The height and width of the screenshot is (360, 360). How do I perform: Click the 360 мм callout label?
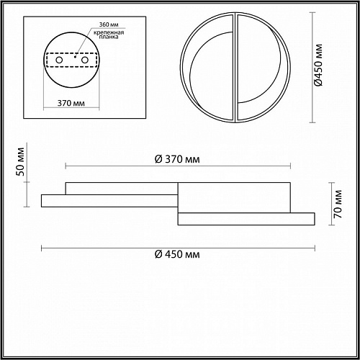pyautogui.click(x=109, y=24)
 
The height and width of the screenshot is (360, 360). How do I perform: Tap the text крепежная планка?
pyautogui.click(x=109, y=35)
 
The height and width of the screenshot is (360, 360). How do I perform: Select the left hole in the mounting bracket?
pyautogui.click(x=59, y=60)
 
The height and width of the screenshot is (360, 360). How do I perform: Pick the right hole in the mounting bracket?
pyautogui.click(x=85, y=60)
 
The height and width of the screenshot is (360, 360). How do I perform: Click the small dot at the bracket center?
pyautogui.click(x=75, y=57)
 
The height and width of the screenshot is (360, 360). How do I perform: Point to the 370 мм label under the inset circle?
pyautogui.click(x=71, y=103)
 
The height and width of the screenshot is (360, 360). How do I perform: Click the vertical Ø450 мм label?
pyautogui.click(x=318, y=65)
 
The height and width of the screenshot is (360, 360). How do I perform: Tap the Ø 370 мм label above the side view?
pyautogui.click(x=177, y=159)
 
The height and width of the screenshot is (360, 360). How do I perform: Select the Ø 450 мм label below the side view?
pyautogui.click(x=177, y=254)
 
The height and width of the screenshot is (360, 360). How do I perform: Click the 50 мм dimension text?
pyautogui.click(x=21, y=161)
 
